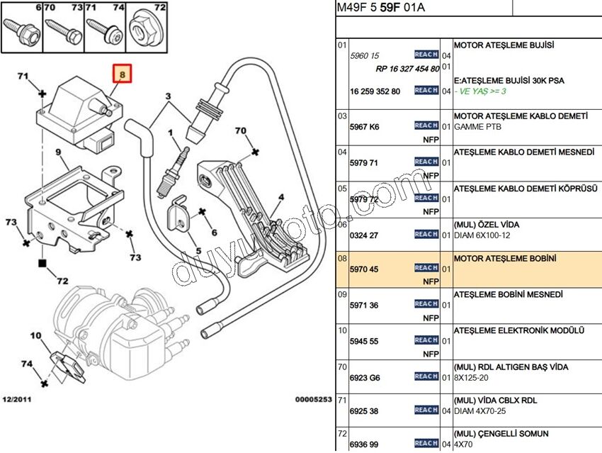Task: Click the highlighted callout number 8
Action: [122, 74]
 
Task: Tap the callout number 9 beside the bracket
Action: [58, 152]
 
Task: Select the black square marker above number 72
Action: [42, 264]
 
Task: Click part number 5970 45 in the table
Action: [364, 269]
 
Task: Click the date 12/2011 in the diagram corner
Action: [16, 399]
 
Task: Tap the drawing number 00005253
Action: [313, 399]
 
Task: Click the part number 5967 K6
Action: [364, 127]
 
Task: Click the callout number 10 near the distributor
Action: [35, 335]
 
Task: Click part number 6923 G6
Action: [365, 378]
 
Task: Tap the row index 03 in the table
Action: [341, 116]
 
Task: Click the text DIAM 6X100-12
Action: [482, 235]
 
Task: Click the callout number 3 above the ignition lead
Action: [169, 96]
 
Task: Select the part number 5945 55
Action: [364, 342]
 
